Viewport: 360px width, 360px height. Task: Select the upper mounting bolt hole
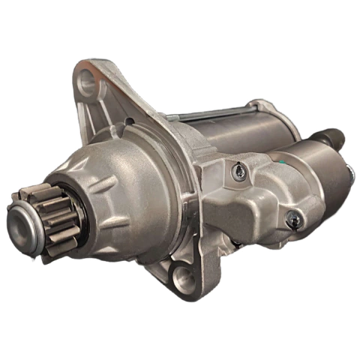point(89,77)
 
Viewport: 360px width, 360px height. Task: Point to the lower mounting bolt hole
point(181,279)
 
